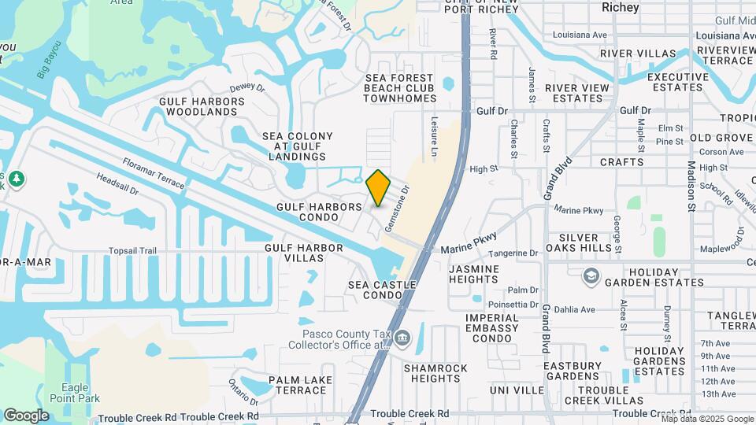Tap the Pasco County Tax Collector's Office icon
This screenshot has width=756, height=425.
402,338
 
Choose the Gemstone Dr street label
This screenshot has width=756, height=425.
397,209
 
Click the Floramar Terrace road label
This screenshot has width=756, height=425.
153,173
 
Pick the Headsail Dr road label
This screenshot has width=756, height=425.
117,185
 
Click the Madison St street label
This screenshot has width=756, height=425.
691,186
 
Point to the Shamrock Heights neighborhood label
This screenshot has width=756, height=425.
435,373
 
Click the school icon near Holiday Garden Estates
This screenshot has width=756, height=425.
591,276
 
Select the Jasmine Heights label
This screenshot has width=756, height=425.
474,274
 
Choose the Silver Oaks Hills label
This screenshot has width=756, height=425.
584,242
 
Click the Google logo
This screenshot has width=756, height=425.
26,415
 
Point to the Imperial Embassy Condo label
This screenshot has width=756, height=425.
491,327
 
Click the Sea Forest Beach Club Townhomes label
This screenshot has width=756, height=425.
399,88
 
